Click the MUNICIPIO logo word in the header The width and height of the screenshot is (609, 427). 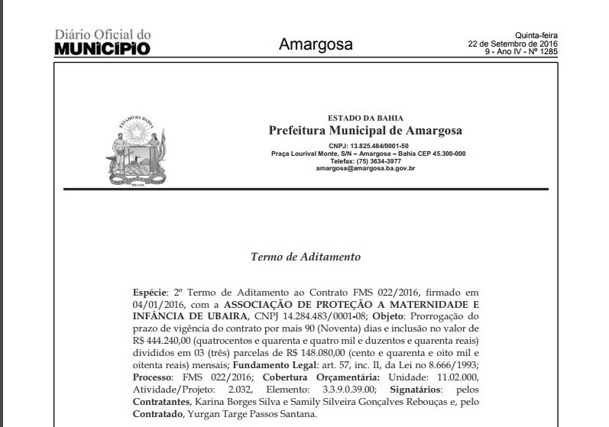coord(102,49)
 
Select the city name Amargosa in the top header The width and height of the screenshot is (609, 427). coord(316,44)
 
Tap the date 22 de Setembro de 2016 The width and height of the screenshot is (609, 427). coord(513,43)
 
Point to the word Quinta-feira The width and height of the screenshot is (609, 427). coord(536,34)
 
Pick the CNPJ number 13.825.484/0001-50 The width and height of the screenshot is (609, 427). coord(380,145)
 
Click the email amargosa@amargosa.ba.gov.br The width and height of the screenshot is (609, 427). coord(365,169)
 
